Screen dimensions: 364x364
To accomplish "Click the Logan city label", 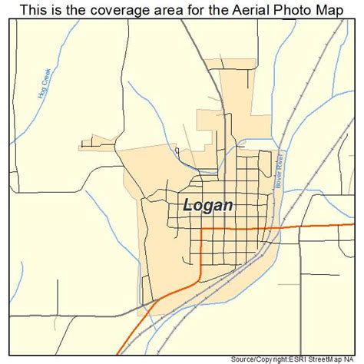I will [x=210, y=205].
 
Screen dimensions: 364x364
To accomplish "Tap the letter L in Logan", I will [x=189, y=205].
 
